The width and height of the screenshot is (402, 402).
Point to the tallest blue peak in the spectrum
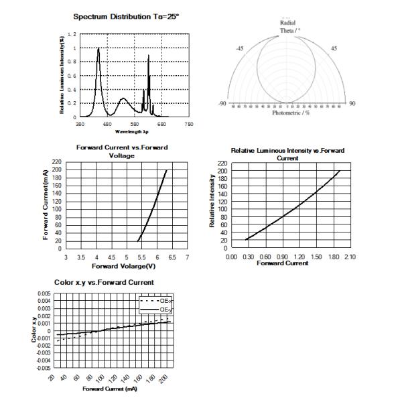tap(98, 48)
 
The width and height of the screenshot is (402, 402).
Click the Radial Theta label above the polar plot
tap(287, 25)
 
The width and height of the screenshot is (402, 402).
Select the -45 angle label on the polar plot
tap(239, 48)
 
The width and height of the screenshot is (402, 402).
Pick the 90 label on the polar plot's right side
tap(352, 103)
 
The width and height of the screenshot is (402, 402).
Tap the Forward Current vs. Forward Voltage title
tap(122, 151)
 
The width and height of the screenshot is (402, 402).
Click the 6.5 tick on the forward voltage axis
tap(172, 257)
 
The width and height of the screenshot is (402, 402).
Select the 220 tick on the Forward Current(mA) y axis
tap(56, 162)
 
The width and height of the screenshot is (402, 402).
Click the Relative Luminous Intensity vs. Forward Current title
tap(287, 154)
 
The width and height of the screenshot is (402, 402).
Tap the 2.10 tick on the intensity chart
tap(350, 257)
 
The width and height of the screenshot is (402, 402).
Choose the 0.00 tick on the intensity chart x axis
tap(232, 257)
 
